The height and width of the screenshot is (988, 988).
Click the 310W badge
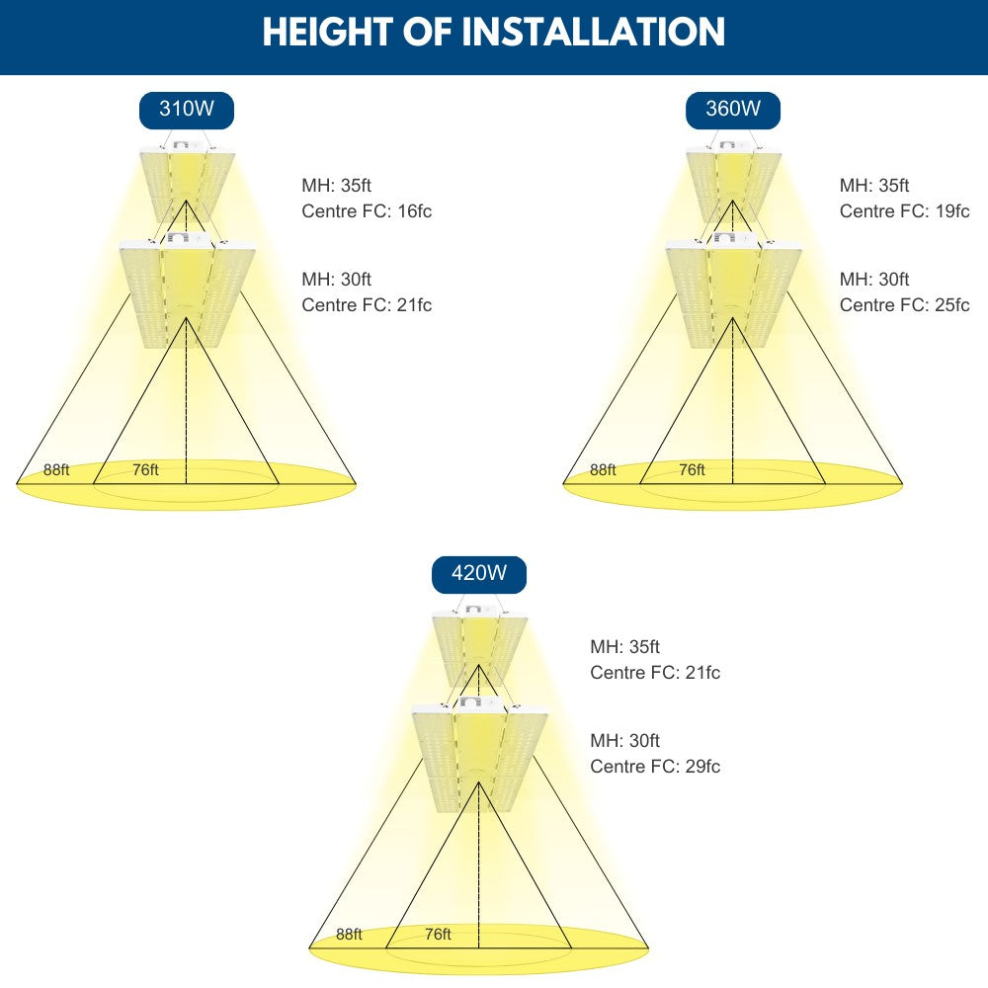[186, 110]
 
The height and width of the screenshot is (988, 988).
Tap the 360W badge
[732, 110]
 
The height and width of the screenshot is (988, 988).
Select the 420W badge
[478, 573]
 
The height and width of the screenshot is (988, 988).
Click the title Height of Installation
[493, 32]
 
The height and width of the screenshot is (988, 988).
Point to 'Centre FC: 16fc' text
[367, 211]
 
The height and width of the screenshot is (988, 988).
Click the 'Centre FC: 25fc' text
[904, 305]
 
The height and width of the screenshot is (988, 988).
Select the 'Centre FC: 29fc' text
[655, 767]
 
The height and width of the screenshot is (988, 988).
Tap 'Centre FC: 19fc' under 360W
[904, 211]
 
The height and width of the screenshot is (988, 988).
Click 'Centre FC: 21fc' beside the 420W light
[655, 673]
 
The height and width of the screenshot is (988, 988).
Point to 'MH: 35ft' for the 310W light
[336, 186]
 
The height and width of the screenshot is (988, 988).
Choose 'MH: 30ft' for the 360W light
[874, 280]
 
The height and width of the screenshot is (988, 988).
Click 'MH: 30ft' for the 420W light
[624, 741]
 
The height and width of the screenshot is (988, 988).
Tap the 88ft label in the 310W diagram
[56, 470]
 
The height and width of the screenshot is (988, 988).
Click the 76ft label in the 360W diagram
[692, 470]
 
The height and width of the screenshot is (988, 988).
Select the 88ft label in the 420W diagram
[349, 934]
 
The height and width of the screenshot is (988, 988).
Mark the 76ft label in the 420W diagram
[438, 934]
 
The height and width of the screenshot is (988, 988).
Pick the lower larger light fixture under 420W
[479, 753]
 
